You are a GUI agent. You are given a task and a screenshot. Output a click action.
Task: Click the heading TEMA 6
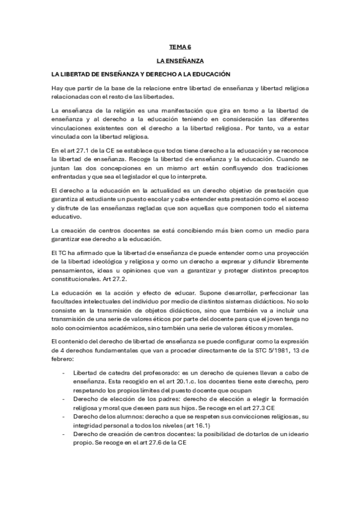[180, 46]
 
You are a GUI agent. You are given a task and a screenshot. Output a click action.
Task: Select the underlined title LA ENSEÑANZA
[180, 61]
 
